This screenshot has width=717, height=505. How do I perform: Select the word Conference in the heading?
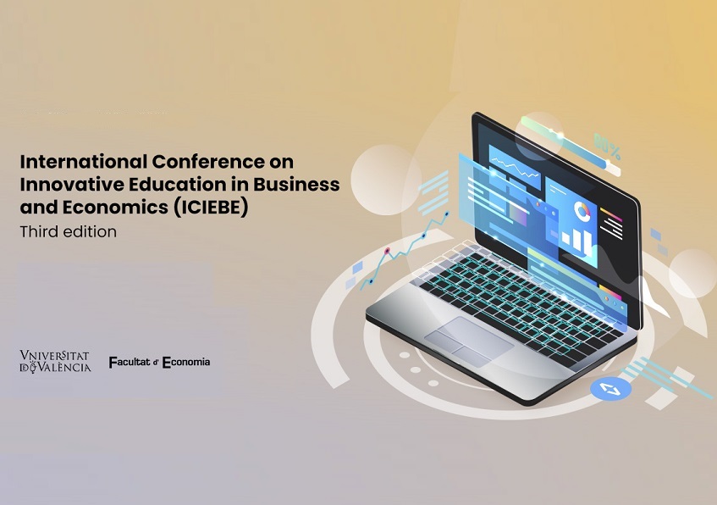click(x=207, y=162)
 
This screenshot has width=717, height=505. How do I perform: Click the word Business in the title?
click(x=296, y=184)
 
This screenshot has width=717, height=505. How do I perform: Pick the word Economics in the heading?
click(x=115, y=208)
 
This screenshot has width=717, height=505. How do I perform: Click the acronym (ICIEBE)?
click(x=211, y=208)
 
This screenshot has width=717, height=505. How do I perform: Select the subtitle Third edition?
click(x=68, y=231)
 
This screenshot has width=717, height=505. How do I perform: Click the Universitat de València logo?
click(x=55, y=361)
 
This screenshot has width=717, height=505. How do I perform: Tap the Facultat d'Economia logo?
click(x=159, y=362)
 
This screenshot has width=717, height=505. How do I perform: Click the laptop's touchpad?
click(x=468, y=341)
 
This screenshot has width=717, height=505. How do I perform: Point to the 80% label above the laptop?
click(x=607, y=145)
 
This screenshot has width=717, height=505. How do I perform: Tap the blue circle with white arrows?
click(x=610, y=389)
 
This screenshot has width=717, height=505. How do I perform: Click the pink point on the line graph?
click(x=388, y=251)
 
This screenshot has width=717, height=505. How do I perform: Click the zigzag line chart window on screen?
click(x=515, y=167)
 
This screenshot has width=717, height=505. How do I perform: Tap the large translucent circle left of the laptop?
click(x=385, y=180)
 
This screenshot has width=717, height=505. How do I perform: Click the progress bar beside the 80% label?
click(x=571, y=144)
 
